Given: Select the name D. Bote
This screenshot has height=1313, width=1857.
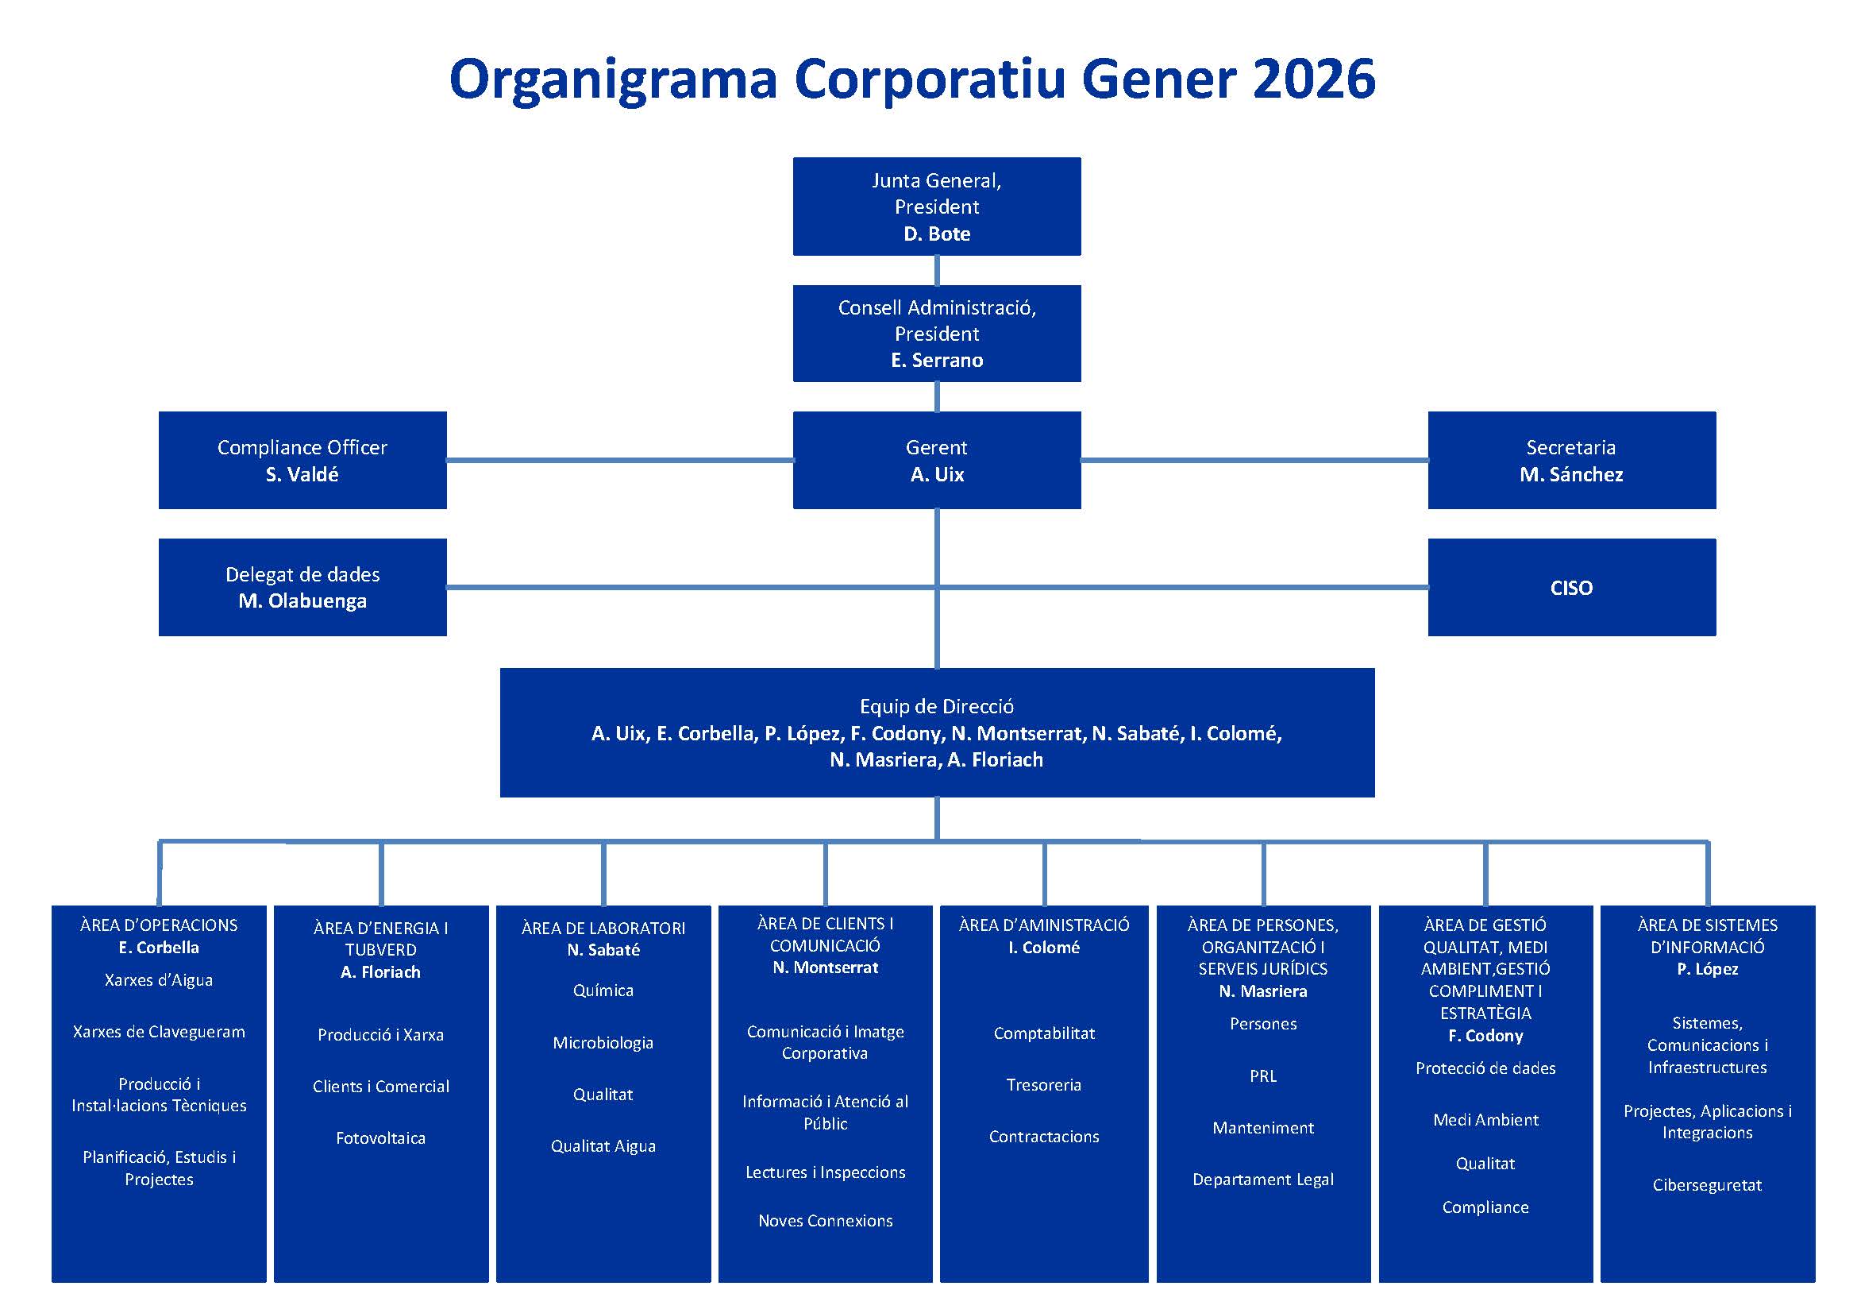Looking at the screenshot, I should pyautogui.click(x=937, y=234).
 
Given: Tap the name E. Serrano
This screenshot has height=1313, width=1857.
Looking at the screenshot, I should pyautogui.click(x=937, y=360).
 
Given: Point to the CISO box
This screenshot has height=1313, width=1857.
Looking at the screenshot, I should pyautogui.click(x=1570, y=587).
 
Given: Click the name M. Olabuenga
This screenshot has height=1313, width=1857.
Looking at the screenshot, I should pyautogui.click(x=302, y=601).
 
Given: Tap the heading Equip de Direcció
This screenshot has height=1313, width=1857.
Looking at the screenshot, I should pyautogui.click(x=937, y=706).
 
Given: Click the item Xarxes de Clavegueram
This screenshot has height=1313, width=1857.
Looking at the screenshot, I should pyautogui.click(x=159, y=1032).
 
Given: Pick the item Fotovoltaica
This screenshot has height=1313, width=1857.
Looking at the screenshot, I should pyautogui.click(x=380, y=1138).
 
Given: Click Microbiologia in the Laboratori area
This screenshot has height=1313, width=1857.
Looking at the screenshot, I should pyautogui.click(x=603, y=1043).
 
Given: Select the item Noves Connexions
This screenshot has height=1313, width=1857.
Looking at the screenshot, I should pyautogui.click(x=825, y=1221).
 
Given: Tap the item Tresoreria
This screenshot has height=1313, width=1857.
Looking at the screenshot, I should pyautogui.click(x=1043, y=1085).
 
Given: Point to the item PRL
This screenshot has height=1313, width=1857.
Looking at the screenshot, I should pyautogui.click(x=1262, y=1076).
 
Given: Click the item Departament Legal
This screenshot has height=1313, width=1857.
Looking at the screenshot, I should pyautogui.click(x=1262, y=1180).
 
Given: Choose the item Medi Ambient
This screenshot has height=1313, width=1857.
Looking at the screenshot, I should pyautogui.click(x=1485, y=1120).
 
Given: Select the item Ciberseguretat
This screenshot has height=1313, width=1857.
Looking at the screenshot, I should pyautogui.click(x=1707, y=1185).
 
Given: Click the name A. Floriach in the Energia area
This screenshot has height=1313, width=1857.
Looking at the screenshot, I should pyautogui.click(x=380, y=972).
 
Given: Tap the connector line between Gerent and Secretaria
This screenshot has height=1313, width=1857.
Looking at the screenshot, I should pyautogui.click(x=1254, y=461).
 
